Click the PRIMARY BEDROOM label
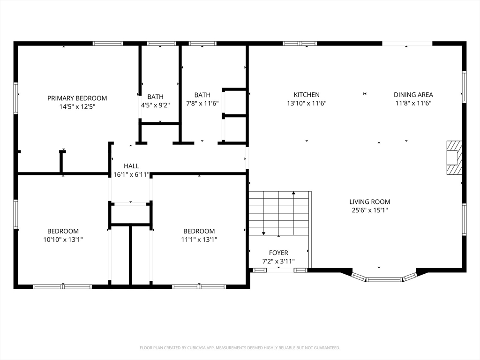click(77, 98)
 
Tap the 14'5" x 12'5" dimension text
click(77, 107)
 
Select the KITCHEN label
click(307, 95)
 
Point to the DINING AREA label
click(413, 95)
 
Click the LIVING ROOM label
click(370, 202)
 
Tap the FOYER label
click(278, 253)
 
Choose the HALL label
click(131, 166)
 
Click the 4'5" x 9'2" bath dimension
click(155, 105)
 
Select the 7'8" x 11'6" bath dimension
click(202, 104)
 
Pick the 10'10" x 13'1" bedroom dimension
click(63, 240)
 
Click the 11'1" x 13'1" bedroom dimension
click(199, 240)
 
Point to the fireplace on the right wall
click(454, 157)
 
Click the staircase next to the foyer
click(278, 213)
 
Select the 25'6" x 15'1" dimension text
click(370, 210)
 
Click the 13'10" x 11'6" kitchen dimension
click(307, 104)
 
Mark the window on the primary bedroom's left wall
click(15, 98)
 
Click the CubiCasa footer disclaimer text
click(240, 348)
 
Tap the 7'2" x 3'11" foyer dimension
click(278, 262)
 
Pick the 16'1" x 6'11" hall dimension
click(131, 175)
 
